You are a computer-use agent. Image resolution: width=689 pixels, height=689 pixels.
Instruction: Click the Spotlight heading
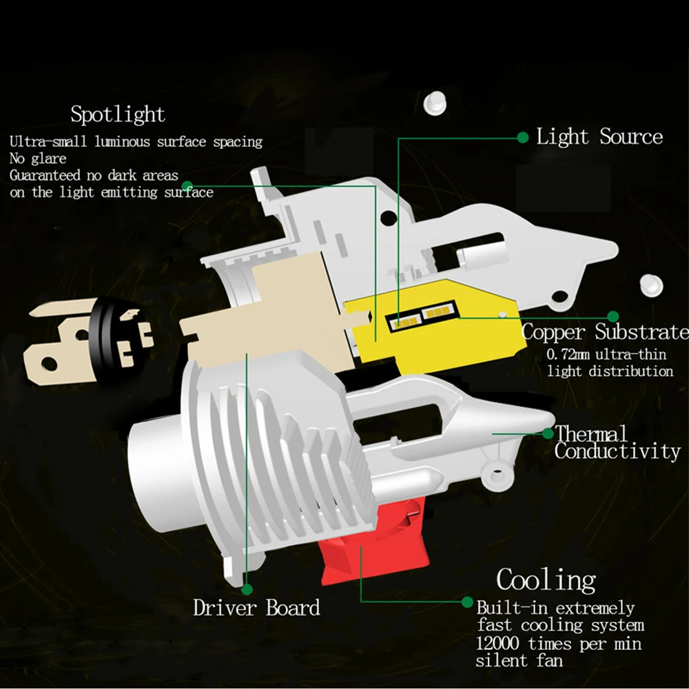coord(118,114)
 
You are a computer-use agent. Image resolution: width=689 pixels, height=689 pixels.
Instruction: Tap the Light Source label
coord(599,136)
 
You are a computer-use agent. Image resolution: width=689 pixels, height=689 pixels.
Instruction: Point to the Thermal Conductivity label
coord(617,442)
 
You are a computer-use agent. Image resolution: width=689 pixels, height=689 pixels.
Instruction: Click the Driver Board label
coord(256,608)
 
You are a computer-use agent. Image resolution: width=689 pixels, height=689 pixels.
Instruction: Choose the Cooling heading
coord(546,579)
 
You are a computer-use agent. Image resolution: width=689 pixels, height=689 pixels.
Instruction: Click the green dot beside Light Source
coord(523,137)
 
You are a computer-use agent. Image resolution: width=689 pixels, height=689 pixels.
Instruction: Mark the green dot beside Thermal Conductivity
coord(548,433)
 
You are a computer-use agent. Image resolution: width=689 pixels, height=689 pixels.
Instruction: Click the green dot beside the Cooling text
coord(468,601)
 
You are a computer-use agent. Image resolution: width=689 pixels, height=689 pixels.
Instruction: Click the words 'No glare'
coord(38,159)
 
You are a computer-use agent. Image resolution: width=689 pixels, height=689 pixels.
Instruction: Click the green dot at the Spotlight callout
coord(185,185)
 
